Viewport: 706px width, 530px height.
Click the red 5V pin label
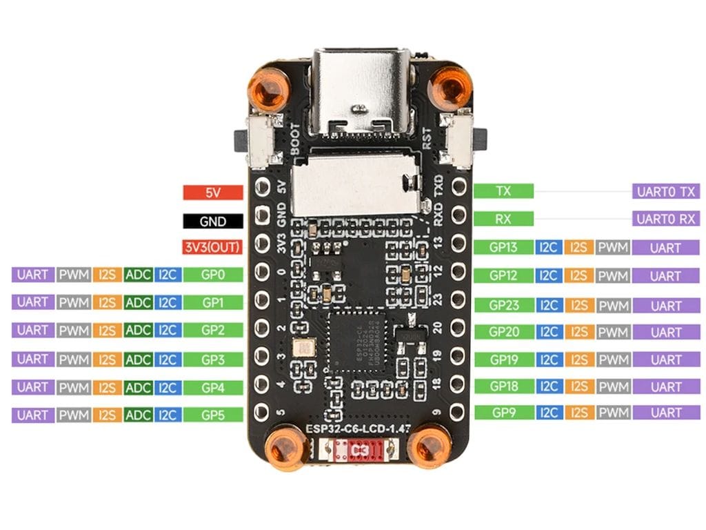pyautogui.click(x=213, y=193)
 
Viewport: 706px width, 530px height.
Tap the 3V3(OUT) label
pyautogui.click(x=213, y=247)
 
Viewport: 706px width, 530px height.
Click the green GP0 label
pyautogui.click(x=213, y=275)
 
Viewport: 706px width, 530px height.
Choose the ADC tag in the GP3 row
pyautogui.click(x=139, y=360)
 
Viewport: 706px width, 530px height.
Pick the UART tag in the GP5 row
pyautogui.click(x=32, y=415)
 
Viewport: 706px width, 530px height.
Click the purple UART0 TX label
pyautogui.click(x=666, y=191)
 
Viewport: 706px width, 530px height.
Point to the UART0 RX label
pyautogui.click(x=666, y=219)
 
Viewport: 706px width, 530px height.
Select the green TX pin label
pyautogui.click(x=503, y=191)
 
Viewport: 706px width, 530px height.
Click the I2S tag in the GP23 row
pyautogui.click(x=578, y=305)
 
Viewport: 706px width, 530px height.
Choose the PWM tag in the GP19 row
pyautogui.click(x=613, y=360)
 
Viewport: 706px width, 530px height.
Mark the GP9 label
pyautogui.click(x=503, y=413)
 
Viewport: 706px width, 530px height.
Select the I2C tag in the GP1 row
pyautogui.click(x=168, y=302)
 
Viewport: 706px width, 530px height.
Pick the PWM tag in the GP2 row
pyautogui.click(x=74, y=331)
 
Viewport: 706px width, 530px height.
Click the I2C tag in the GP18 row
pyautogui.click(x=548, y=386)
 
